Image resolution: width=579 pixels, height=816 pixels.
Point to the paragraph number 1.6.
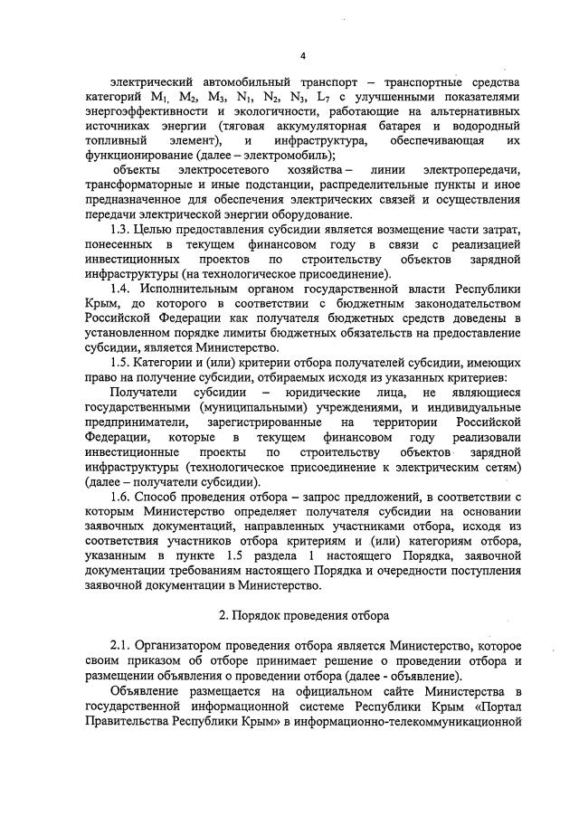[x=120, y=499]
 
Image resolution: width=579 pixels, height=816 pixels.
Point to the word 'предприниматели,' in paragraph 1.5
[x=137, y=424]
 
